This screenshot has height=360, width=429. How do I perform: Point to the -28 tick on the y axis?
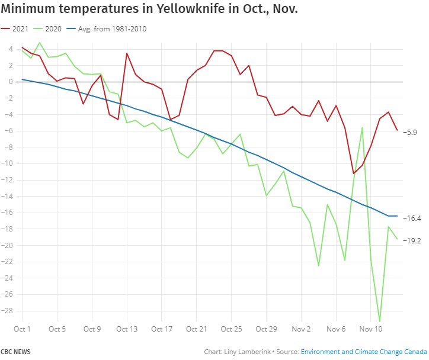pos(8,311)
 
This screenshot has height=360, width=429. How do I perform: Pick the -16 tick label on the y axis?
pos(8,213)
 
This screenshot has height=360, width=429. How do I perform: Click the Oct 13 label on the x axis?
pos(127,329)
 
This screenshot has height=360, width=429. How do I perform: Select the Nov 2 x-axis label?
pos(301,329)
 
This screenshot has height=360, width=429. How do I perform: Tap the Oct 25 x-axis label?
pos(231,329)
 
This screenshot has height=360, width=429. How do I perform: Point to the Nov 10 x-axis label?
pos(370,329)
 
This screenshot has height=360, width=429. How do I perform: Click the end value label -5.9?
pos(410,132)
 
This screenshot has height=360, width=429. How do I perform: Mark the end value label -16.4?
pos(412,218)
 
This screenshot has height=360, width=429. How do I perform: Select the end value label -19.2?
pos(412,240)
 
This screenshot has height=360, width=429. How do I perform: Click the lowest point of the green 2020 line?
pos(379,321)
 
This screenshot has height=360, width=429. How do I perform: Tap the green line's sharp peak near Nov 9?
pos(362,127)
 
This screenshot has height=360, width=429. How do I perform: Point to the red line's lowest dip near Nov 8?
pos(353,173)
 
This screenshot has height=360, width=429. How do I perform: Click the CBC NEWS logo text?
pos(15,352)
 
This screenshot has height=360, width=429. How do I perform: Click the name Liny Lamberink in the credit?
pos(243,352)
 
